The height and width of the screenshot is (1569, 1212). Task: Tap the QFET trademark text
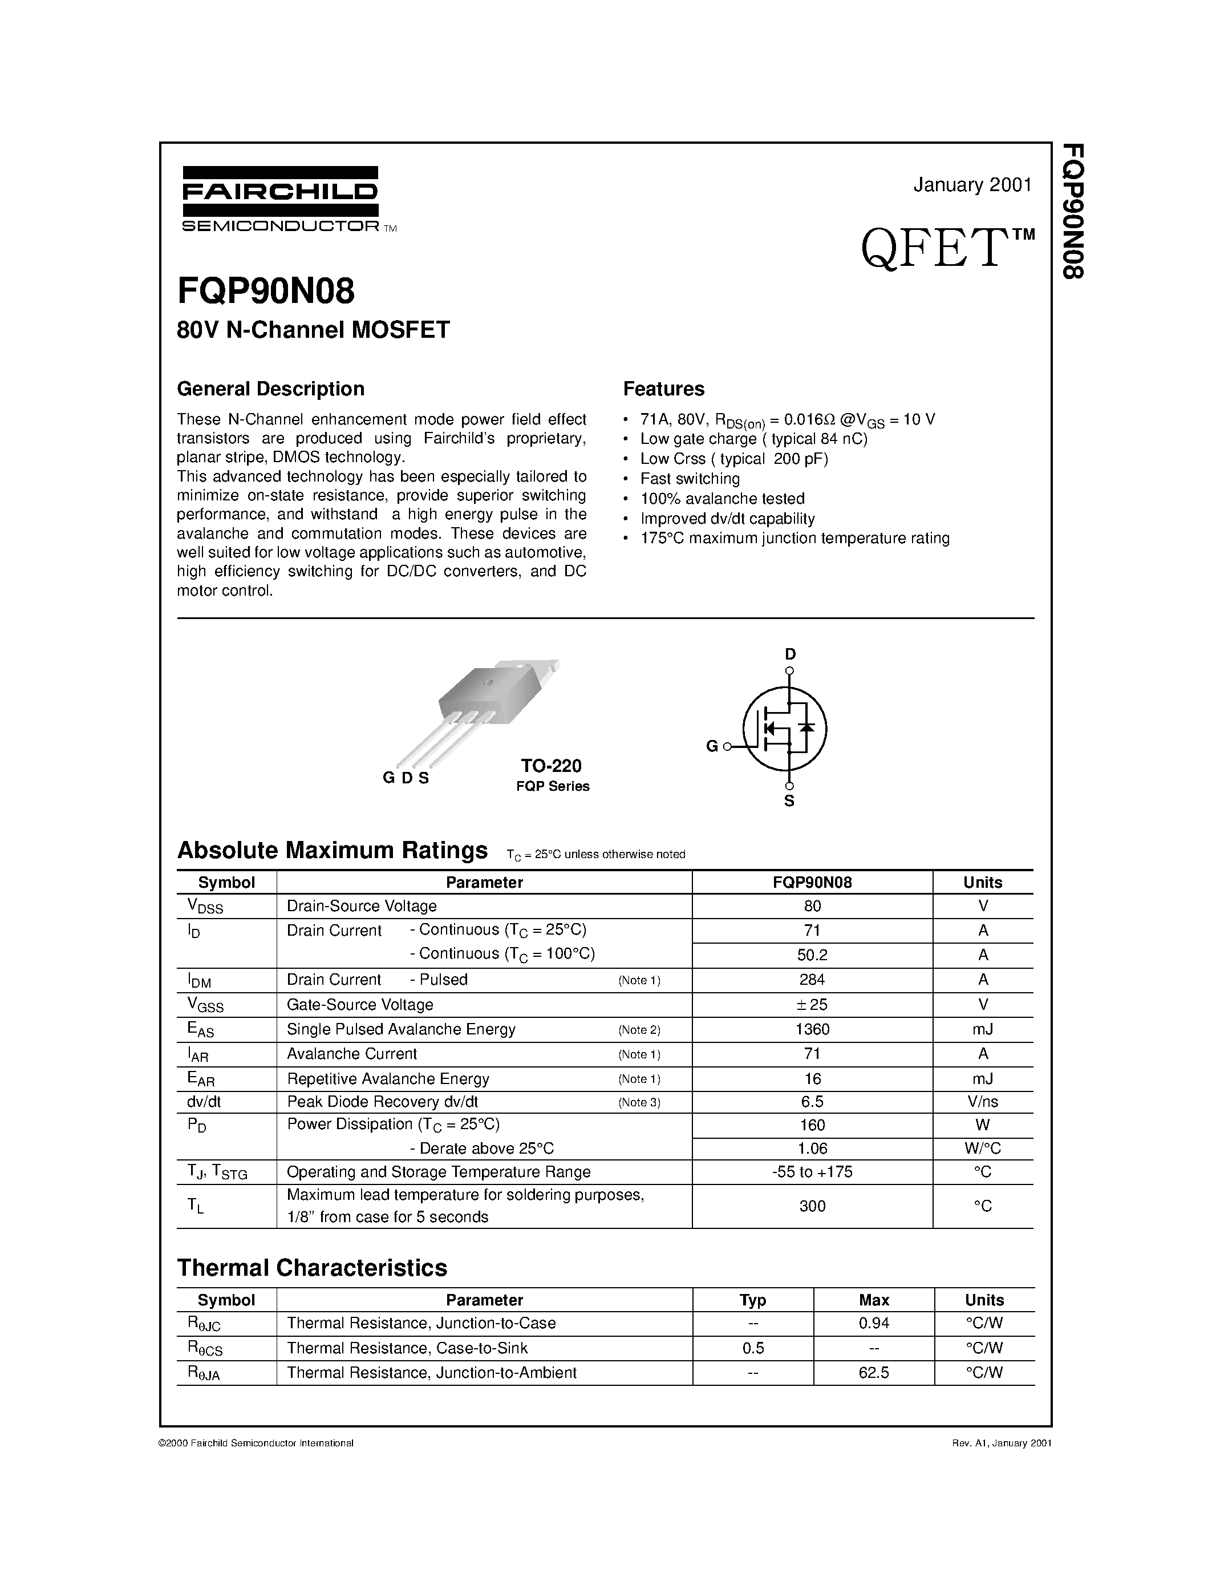tap(946, 248)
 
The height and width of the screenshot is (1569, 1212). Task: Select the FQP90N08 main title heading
tap(266, 292)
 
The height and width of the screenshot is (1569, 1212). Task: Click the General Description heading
tap(271, 389)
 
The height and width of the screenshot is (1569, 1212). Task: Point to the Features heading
tap(663, 389)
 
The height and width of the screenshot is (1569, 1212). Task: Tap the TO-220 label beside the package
tap(552, 766)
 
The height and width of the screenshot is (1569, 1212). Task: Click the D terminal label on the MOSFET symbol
tap(790, 654)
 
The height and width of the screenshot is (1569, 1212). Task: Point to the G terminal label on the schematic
tap(712, 746)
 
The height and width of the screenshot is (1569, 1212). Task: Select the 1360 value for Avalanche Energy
tap(812, 1029)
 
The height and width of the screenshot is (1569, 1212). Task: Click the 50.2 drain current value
tap(812, 955)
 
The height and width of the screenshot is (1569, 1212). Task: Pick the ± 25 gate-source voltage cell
tap(812, 1004)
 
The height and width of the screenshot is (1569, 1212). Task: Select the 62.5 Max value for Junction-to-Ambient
tap(873, 1373)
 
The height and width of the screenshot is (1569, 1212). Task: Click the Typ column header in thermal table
tap(752, 1300)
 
